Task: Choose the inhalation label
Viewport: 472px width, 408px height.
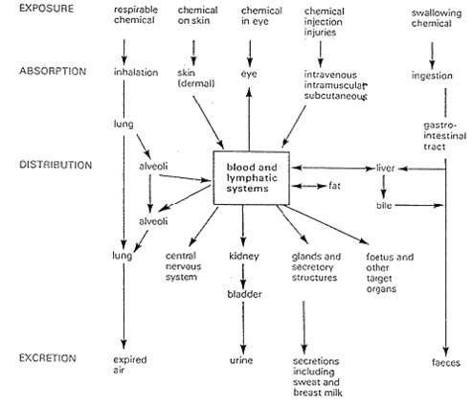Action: pyautogui.click(x=134, y=72)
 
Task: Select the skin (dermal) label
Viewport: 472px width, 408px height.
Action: pyautogui.click(x=197, y=77)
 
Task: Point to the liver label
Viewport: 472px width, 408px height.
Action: pyautogui.click(x=385, y=168)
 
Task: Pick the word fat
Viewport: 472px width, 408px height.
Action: pyautogui.click(x=335, y=185)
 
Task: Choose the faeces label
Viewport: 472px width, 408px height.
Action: pyautogui.click(x=446, y=363)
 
